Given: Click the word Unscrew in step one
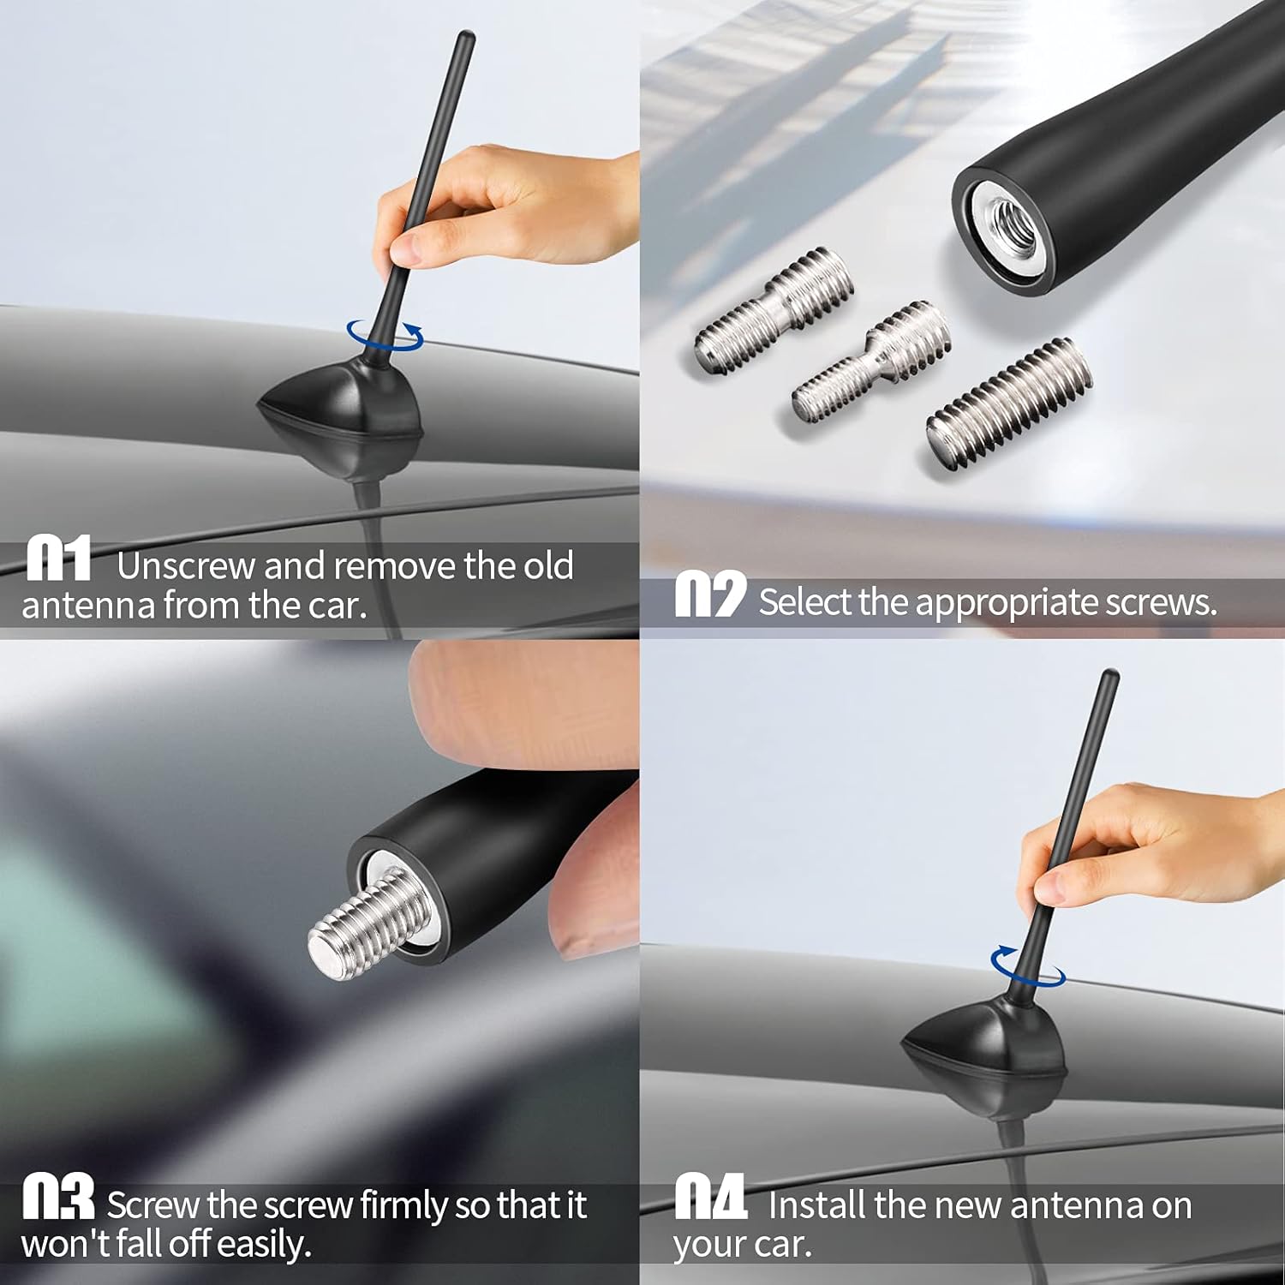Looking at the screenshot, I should coord(186,566).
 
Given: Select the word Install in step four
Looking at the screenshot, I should coord(817,1205).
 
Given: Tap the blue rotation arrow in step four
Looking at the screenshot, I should coord(1028,965).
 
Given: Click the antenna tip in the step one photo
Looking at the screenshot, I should coord(466,39).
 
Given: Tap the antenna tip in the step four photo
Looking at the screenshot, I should coord(1111,677).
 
